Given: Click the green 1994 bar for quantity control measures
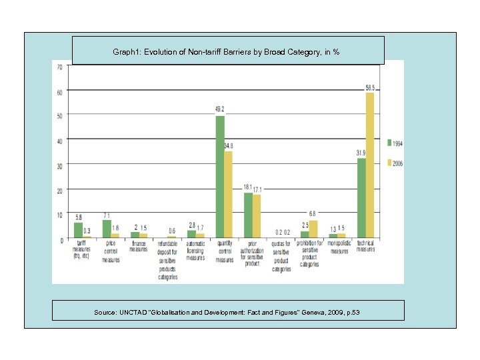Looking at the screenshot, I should (x=220, y=177).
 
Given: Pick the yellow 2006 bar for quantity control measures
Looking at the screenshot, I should (x=229, y=194).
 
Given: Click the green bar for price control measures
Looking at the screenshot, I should (x=107, y=229).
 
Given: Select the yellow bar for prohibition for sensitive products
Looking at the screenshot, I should (x=313, y=229).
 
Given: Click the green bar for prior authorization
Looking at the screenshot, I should (x=249, y=215).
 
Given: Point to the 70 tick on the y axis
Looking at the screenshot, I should (x=60, y=67).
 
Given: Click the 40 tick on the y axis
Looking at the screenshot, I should (x=60, y=141).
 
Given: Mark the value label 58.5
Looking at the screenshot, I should (x=370, y=87).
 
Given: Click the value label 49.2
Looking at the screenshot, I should (x=219, y=109).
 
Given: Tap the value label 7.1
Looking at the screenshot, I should (x=107, y=215).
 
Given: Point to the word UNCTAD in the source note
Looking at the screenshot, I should (x=135, y=313).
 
